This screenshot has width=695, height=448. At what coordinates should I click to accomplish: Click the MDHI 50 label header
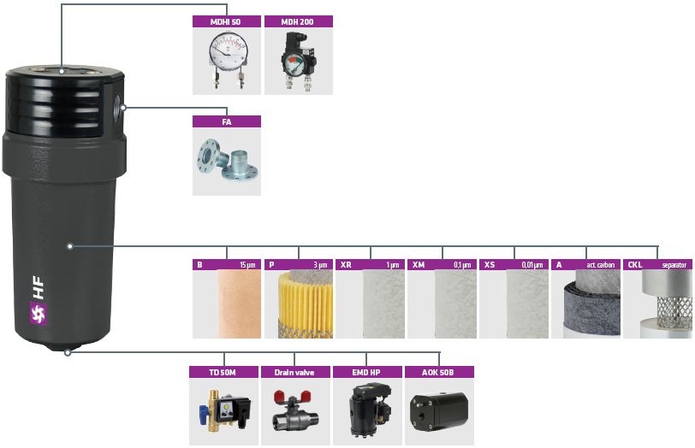point(226,21)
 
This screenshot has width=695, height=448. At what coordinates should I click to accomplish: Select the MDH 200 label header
point(299,21)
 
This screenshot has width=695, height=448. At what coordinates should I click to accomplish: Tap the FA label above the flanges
point(227,121)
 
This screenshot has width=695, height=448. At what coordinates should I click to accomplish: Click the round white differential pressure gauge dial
point(227,49)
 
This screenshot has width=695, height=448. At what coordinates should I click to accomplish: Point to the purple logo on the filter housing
point(39,314)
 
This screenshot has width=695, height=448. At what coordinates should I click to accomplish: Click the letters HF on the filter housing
point(39,288)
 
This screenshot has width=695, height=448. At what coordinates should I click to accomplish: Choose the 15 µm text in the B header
point(247,265)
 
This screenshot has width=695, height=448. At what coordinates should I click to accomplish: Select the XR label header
point(346,265)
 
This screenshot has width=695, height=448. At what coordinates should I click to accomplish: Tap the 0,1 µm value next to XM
point(462,265)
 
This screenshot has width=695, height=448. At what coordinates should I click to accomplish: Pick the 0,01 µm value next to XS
point(532,265)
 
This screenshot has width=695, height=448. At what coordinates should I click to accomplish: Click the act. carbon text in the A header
point(601,265)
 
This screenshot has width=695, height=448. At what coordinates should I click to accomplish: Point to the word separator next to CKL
point(674,265)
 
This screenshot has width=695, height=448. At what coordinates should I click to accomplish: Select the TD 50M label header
point(223,372)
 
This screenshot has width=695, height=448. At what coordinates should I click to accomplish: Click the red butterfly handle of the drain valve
point(286,396)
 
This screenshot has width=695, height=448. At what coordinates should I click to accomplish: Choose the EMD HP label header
point(367,372)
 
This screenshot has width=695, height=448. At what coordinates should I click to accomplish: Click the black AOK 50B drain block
point(439,411)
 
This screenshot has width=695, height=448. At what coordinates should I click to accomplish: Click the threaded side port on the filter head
point(117,107)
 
